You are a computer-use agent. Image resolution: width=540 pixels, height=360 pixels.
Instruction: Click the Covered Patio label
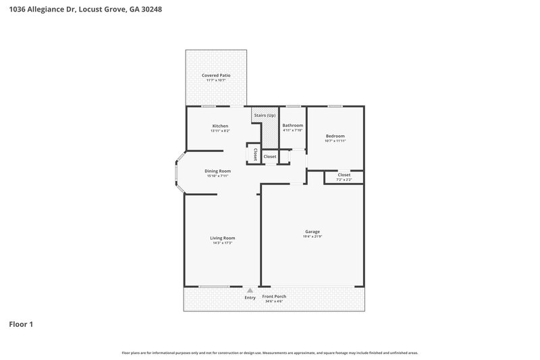[216, 75]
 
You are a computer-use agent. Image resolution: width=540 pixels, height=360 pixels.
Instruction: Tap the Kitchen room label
[220, 126]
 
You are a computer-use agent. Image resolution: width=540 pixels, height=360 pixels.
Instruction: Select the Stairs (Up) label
[265, 115]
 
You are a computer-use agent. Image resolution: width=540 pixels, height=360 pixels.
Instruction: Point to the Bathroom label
[292, 125]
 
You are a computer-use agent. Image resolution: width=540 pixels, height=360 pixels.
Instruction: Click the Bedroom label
[335, 135]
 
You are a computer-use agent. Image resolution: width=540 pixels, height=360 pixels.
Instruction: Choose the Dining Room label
[217, 171]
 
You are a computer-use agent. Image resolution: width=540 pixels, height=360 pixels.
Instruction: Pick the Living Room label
[222, 238]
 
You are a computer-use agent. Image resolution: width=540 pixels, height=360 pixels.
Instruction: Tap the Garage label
[312, 232]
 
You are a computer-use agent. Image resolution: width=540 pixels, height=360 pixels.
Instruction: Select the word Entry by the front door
[250, 297]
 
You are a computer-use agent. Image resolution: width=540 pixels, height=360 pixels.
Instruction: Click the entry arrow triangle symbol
[250, 290]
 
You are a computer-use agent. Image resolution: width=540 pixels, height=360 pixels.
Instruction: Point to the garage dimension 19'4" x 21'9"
[312, 236]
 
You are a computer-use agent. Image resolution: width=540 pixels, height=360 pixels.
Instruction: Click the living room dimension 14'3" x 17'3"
[222, 242]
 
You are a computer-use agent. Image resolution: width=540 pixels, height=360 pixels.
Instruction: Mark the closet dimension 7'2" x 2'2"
[344, 180]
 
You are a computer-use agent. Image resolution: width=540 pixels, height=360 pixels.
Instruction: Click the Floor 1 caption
[21, 324]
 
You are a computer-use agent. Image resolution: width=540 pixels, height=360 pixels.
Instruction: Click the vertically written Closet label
[255, 154]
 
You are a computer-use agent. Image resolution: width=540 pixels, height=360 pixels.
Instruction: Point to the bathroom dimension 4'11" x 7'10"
[292, 130]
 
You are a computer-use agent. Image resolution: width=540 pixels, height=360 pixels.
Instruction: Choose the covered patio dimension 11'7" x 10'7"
[216, 80]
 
